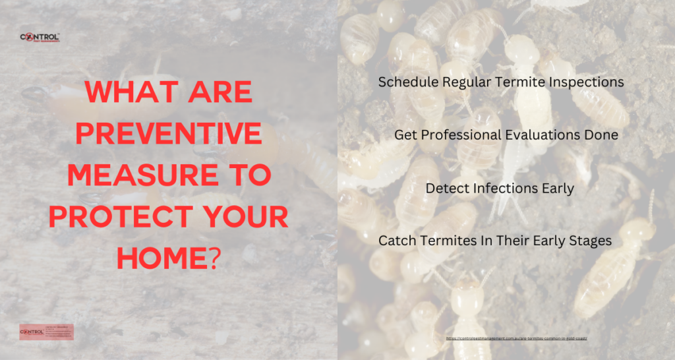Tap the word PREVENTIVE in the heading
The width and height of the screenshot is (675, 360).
(169, 135)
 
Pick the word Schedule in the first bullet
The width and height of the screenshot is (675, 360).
(403, 82)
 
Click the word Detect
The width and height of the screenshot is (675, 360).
(446, 189)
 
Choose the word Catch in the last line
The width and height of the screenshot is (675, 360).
(395, 241)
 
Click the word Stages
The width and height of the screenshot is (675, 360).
(591, 241)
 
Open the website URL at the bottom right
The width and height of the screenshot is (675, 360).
(516, 338)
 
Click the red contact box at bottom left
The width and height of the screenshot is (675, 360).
(47, 332)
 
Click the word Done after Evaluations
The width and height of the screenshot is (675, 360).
(603, 135)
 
